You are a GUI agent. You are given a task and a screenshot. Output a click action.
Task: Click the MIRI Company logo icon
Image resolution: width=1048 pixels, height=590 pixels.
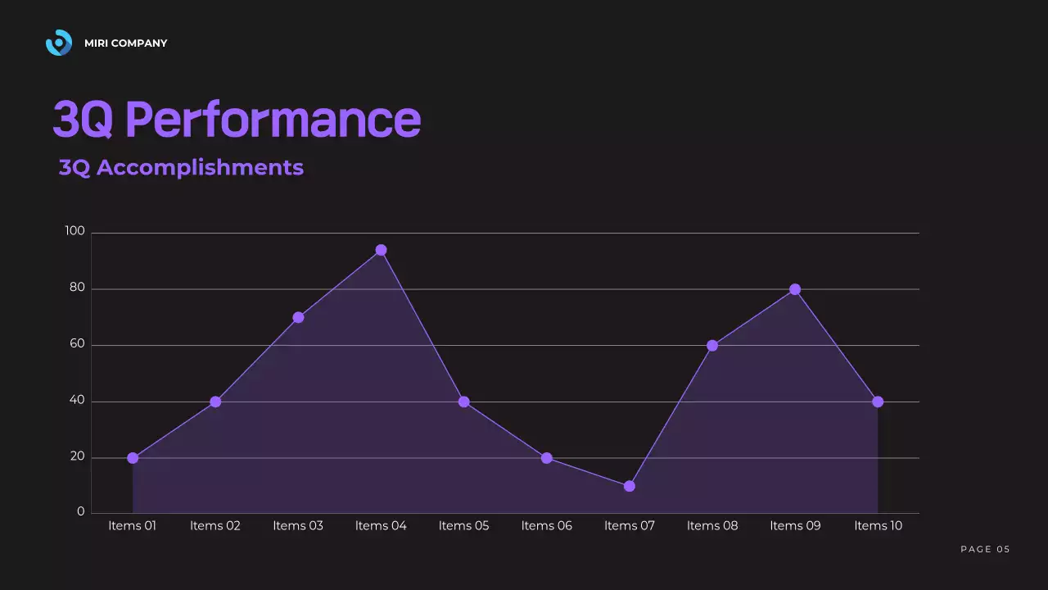coord(59,43)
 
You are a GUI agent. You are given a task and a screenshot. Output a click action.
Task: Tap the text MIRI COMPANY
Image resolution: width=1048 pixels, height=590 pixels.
coord(125,43)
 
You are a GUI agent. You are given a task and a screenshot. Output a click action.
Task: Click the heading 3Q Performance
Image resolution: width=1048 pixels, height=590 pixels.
coord(237,120)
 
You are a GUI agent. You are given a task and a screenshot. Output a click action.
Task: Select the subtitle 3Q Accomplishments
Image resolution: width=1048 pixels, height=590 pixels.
coord(181,167)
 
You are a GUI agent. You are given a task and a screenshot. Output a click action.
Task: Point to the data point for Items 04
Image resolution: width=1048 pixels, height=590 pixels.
coord(381,250)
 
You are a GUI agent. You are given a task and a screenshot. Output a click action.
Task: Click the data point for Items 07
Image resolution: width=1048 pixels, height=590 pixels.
coord(629,486)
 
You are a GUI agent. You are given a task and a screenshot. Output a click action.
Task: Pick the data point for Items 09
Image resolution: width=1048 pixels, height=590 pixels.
coord(794,289)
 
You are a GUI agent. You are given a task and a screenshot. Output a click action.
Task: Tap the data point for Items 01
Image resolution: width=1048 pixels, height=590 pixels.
coord(133,458)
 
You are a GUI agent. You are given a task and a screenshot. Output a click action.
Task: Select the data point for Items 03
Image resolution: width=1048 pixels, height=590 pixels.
coord(298,317)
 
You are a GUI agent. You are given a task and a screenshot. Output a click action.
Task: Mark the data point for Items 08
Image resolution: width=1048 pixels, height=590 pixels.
coord(711,346)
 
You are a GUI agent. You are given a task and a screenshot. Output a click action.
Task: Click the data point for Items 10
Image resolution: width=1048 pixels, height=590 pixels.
coord(878,402)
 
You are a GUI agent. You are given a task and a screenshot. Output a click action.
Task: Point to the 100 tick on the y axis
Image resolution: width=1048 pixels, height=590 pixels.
coord(75,231)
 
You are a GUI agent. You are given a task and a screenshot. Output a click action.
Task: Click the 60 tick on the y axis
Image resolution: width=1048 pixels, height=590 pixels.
coord(76,344)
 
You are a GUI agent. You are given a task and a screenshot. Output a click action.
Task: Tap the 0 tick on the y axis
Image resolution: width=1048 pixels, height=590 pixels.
coord(80,512)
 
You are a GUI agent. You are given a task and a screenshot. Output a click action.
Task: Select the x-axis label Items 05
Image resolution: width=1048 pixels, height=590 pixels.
coord(463,526)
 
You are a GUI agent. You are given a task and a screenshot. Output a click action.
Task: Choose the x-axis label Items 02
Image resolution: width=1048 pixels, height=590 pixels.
coord(215,526)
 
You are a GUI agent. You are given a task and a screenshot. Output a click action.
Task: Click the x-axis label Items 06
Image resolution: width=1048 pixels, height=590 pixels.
coord(546,526)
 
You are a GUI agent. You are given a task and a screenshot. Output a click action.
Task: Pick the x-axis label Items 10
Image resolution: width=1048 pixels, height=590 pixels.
coord(878,526)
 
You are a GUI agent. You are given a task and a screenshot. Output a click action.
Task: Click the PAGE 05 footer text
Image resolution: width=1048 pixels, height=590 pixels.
coord(985,549)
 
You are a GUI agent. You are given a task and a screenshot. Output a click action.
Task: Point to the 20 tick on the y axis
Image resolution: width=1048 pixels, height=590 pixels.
coord(76,456)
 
